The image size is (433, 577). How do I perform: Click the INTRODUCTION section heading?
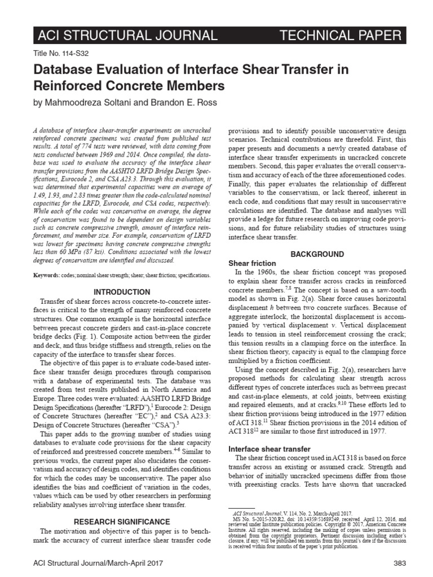(x=121, y=292)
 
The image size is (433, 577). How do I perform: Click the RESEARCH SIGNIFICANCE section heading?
(x=121, y=522)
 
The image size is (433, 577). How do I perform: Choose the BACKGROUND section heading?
(x=316, y=254)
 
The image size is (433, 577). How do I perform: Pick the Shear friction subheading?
(x=251, y=263)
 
